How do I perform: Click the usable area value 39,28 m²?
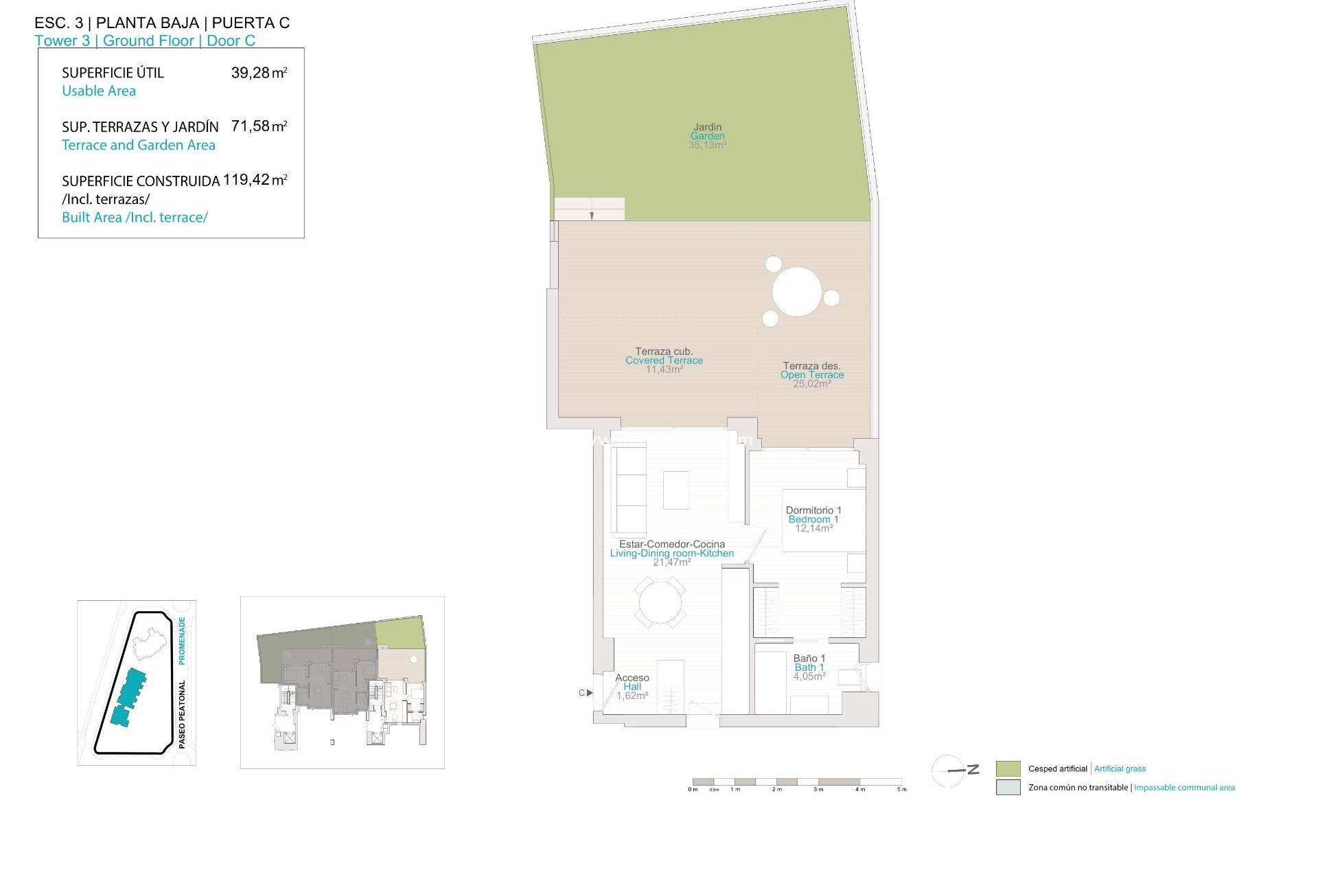(x=259, y=73)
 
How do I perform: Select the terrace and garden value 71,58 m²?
(x=259, y=126)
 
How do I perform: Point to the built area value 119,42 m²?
(x=255, y=180)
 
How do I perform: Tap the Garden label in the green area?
(x=707, y=136)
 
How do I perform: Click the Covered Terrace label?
(x=664, y=361)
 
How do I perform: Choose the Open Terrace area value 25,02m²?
(x=812, y=384)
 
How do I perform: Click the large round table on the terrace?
(x=797, y=292)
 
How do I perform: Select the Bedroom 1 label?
(x=813, y=519)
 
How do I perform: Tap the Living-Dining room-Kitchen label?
(x=671, y=553)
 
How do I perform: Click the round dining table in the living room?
(x=660, y=603)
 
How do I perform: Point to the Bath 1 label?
(x=809, y=667)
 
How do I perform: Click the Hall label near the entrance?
(x=632, y=687)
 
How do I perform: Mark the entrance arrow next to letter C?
(x=590, y=693)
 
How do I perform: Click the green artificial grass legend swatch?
(x=1008, y=768)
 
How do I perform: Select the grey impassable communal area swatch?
(x=1008, y=788)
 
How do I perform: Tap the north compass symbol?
(x=955, y=770)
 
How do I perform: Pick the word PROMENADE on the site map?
(x=182, y=641)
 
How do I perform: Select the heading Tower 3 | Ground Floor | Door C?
(x=145, y=41)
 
